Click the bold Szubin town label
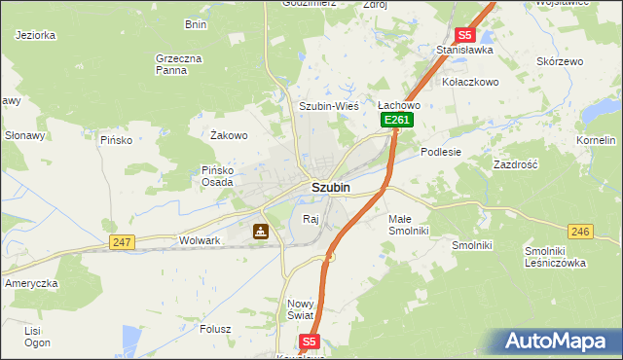click(330, 187)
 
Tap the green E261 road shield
click(397, 120)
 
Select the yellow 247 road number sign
click(122, 241)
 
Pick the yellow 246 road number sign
click(581, 231)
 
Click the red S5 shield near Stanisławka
click(464, 34)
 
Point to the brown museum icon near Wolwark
click(260, 232)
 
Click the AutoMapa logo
click(558, 342)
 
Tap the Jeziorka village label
click(36, 35)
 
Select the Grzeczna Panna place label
click(178, 64)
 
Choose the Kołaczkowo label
click(470, 82)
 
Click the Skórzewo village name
click(560, 61)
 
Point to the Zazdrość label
click(516, 165)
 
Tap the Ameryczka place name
click(32, 282)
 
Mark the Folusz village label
click(215, 329)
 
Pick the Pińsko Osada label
click(217, 176)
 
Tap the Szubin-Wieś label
click(329, 106)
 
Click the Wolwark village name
click(201, 240)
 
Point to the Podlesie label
click(441, 152)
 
